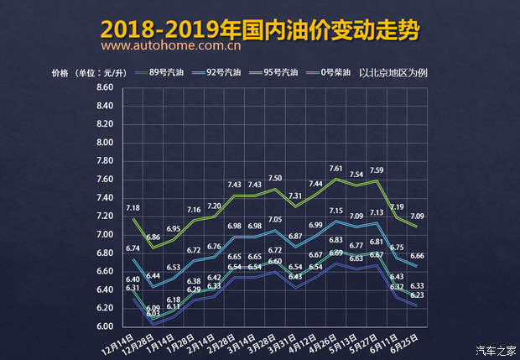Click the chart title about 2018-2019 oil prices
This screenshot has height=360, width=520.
coord(260,29)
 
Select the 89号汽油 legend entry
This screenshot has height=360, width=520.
coord(166,72)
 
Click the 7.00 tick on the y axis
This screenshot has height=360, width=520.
coord(105,234)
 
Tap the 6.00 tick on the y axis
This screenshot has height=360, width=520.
coord(105,326)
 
